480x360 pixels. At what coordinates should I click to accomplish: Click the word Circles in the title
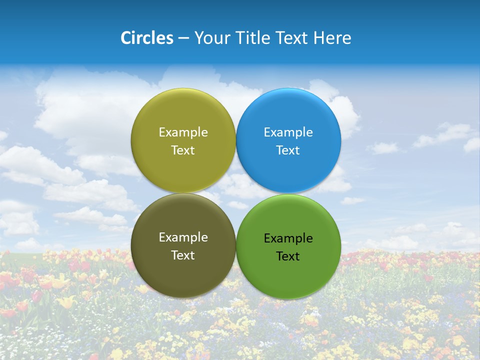[x=146, y=38]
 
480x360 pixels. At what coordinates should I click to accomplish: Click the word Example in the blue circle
[x=288, y=132]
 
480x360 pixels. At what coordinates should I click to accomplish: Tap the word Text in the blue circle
[x=288, y=150]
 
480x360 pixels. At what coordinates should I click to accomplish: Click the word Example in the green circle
[x=288, y=238]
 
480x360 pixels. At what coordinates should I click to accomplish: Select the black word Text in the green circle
[x=288, y=256]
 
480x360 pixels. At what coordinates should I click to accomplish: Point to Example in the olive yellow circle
[x=183, y=132]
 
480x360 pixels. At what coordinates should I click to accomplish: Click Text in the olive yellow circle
[x=183, y=150]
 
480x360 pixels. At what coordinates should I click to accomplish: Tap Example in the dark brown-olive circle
[x=183, y=237]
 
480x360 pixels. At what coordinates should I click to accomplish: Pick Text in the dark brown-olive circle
[x=183, y=255]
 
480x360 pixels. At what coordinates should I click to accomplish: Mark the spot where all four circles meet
[x=236, y=193]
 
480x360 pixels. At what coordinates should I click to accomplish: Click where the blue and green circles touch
[x=288, y=193]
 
